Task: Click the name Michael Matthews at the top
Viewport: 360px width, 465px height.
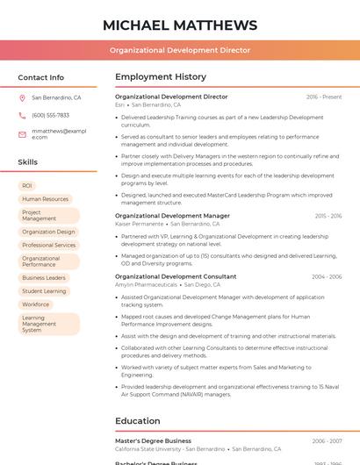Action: click(x=180, y=25)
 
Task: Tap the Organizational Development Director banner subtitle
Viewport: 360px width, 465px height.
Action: click(x=180, y=50)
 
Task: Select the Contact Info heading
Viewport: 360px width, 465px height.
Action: click(x=41, y=77)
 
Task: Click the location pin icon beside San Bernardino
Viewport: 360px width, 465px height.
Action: click(x=22, y=98)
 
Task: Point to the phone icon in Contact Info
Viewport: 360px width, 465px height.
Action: click(x=22, y=115)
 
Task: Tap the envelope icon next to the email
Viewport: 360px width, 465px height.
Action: click(x=22, y=133)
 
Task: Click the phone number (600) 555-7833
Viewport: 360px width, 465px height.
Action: click(x=50, y=115)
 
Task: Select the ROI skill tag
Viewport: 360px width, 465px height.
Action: click(x=27, y=186)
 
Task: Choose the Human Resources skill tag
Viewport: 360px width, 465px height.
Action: click(x=45, y=199)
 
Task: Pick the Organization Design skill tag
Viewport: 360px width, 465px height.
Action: click(x=48, y=232)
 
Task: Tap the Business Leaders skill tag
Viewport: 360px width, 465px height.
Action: click(x=44, y=277)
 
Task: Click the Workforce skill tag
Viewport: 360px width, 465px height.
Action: click(x=36, y=304)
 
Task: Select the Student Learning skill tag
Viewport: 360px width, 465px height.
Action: click(x=44, y=291)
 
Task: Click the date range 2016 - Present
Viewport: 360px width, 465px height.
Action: click(x=324, y=97)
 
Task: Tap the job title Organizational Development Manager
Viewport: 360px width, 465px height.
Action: click(x=172, y=216)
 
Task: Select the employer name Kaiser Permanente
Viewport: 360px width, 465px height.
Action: click(x=139, y=225)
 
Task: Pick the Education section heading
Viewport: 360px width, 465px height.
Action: click(x=137, y=420)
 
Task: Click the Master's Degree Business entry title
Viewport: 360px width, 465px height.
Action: click(x=153, y=440)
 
